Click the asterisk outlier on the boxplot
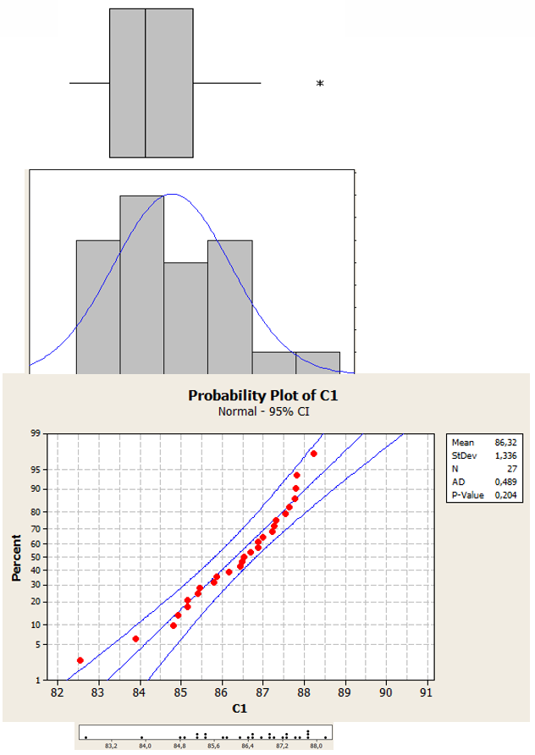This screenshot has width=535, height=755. (320, 83)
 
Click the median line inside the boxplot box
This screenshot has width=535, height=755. (146, 83)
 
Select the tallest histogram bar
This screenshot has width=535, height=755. (141, 284)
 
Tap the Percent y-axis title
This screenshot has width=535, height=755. (17, 556)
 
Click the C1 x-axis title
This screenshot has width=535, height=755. (242, 708)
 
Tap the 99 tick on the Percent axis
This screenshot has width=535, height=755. (36, 433)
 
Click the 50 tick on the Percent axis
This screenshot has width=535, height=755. (36, 557)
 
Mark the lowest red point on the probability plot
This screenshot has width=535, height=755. (80, 660)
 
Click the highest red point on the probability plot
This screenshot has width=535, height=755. (313, 454)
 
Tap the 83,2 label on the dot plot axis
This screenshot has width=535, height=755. (111, 747)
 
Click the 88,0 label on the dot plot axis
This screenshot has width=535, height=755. (316, 747)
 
